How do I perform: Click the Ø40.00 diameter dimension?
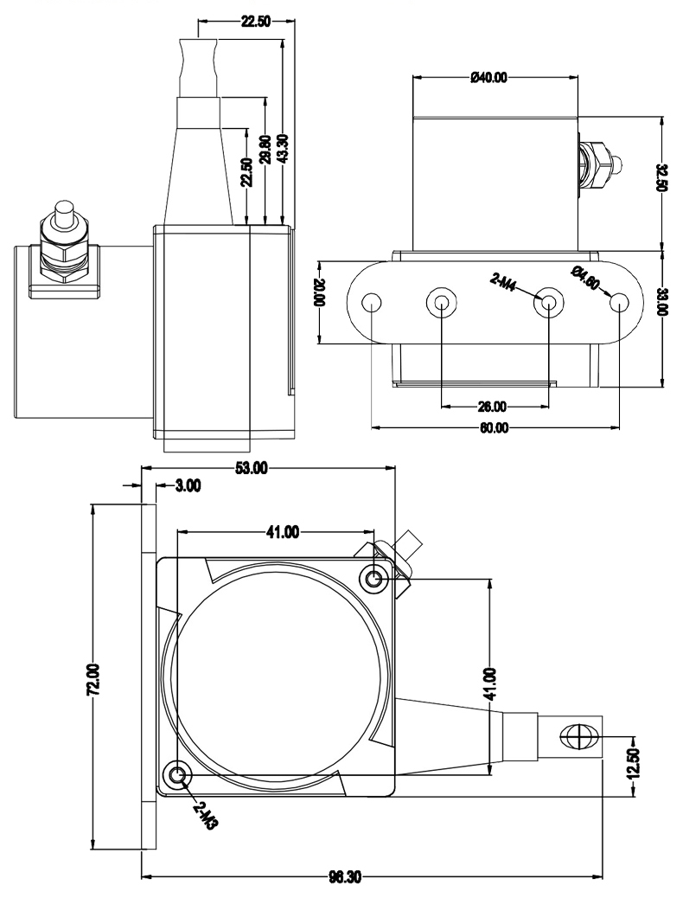[489, 78]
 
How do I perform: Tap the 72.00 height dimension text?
[94, 679]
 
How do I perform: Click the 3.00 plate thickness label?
[188, 486]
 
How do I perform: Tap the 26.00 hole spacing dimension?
[494, 406]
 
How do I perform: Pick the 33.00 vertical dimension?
[661, 305]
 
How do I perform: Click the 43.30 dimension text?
[283, 149]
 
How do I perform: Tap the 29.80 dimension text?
[265, 149]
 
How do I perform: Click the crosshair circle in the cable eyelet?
[576, 738]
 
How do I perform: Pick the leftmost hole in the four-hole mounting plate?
[372, 303]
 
